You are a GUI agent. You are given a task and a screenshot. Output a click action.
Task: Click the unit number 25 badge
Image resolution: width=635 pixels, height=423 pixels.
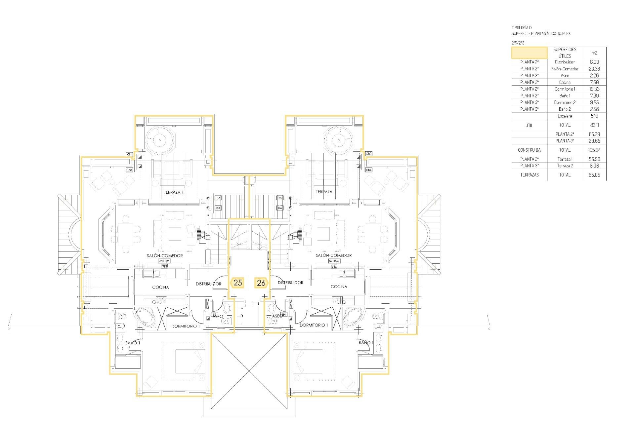pyautogui.click(x=237, y=283)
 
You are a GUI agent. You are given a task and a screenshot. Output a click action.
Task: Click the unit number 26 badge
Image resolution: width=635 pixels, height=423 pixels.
pyautogui.click(x=261, y=283)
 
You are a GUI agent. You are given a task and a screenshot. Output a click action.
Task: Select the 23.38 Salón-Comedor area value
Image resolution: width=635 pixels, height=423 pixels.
pyautogui.click(x=594, y=69)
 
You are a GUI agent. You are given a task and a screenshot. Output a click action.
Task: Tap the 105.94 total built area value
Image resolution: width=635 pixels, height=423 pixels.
pyautogui.click(x=594, y=150)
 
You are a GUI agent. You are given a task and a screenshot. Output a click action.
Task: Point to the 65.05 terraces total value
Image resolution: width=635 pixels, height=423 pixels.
pyautogui.click(x=594, y=175)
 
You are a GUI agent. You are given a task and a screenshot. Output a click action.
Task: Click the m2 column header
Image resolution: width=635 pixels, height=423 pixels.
pyautogui.click(x=594, y=53)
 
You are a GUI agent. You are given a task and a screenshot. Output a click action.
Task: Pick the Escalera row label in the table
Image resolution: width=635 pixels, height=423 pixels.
pyautogui.click(x=565, y=116)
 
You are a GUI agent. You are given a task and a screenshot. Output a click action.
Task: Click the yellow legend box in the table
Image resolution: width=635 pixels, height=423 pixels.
pyautogui.click(x=529, y=53)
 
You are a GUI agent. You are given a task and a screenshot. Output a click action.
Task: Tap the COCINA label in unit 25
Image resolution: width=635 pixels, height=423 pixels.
pyautogui.click(x=160, y=287)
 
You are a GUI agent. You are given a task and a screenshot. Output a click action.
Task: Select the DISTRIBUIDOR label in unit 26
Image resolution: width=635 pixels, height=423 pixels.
pyautogui.click(x=290, y=283)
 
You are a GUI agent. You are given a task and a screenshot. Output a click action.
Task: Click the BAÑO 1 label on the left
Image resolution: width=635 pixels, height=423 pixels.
pyautogui.click(x=133, y=343)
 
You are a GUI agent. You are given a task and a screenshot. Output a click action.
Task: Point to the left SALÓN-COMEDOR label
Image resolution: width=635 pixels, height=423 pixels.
pyautogui.click(x=165, y=255)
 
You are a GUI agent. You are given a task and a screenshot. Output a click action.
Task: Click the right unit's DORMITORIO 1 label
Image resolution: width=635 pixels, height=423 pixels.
pyautogui.click(x=314, y=325)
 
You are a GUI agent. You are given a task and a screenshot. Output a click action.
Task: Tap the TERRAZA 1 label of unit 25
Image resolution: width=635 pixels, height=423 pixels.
pyautogui.click(x=174, y=192)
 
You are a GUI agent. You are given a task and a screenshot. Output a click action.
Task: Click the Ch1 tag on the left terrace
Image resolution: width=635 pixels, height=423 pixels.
pyautogui.click(x=129, y=154)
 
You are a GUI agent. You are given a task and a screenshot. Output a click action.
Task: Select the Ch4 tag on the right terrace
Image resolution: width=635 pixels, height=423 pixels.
pyautogui.click(x=368, y=170)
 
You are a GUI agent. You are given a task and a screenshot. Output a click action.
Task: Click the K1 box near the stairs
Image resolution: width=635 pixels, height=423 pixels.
pyautogui.click(x=218, y=198)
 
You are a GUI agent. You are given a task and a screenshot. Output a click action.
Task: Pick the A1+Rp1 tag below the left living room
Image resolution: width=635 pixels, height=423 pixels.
pyautogui.click(x=165, y=261)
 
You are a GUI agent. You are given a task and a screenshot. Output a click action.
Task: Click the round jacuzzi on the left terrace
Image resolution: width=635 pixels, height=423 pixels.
pyautogui.click(x=159, y=140)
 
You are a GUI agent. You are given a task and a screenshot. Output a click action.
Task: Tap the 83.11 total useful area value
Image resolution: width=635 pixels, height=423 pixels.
pyautogui.click(x=594, y=125)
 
